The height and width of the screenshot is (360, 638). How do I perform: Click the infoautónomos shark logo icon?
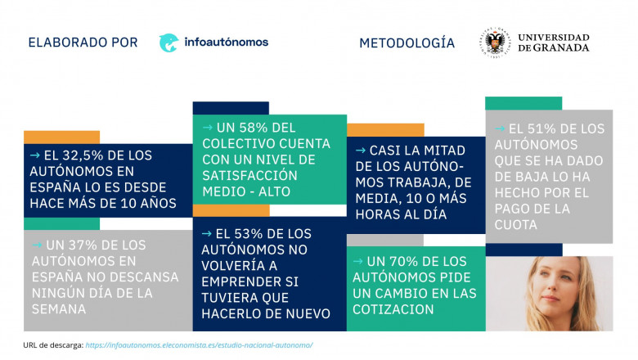click(x=169, y=43)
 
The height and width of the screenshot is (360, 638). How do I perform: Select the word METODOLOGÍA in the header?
click(x=407, y=43)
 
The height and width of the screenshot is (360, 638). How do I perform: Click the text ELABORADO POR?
click(x=83, y=43)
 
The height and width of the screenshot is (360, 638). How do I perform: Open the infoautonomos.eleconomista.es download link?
click(x=199, y=345)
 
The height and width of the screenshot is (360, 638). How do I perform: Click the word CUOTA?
click(x=516, y=225)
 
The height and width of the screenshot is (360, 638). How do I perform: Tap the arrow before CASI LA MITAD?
click(x=360, y=151)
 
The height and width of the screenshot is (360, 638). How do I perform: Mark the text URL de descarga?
click(x=52, y=345)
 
